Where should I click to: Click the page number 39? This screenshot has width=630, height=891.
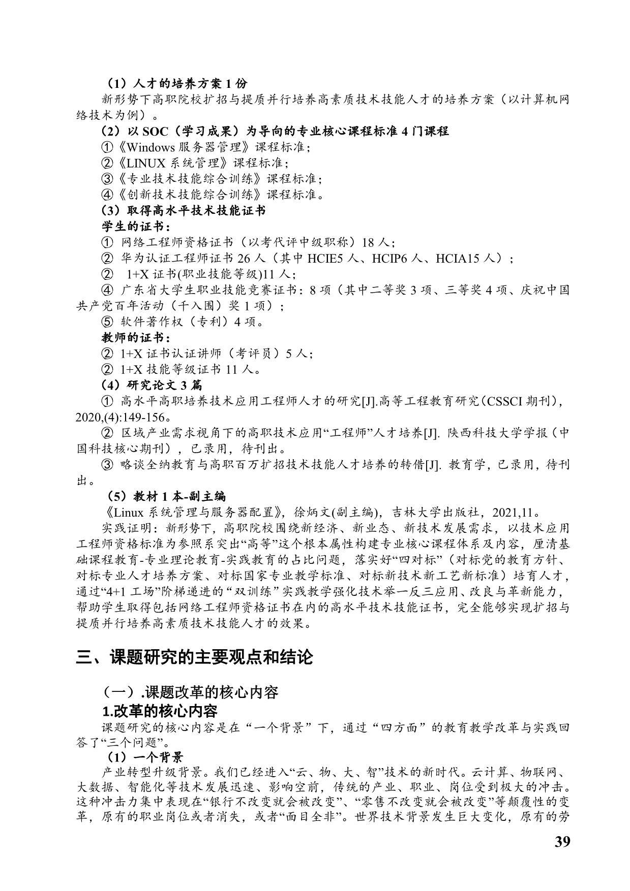point(562,841)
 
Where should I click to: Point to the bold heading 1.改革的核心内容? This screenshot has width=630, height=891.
point(160,710)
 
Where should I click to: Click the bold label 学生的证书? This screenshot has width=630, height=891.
point(137,226)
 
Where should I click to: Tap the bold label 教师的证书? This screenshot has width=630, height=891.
point(137,337)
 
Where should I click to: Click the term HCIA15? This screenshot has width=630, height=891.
point(458,258)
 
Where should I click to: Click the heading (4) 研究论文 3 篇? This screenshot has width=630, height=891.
point(152,385)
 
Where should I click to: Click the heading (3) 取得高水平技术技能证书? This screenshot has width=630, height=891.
point(184,210)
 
